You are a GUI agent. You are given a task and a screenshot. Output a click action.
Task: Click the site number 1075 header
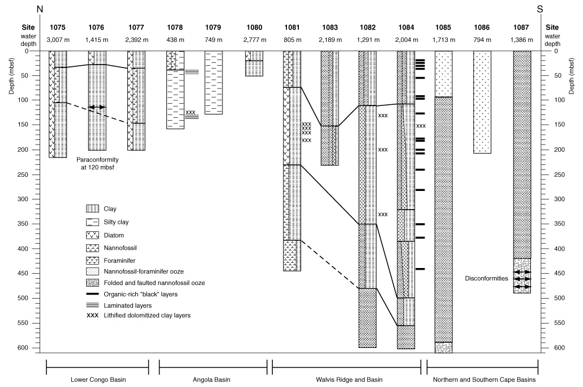click(x=58, y=27)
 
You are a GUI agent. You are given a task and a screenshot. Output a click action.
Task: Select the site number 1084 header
click(x=406, y=27)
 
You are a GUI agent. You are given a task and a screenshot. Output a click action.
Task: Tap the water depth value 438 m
click(x=175, y=40)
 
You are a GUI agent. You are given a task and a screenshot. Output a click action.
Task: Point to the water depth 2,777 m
click(x=255, y=40)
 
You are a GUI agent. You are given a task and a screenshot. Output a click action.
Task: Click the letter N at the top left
click(x=40, y=9)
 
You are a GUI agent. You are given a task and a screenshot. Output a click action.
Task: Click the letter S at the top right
click(x=540, y=9)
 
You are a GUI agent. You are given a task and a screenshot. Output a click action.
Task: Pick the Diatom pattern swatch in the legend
click(x=92, y=235)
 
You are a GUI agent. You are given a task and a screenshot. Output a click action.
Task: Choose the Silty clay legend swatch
click(x=92, y=222)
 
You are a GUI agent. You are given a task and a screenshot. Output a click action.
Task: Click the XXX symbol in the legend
click(x=92, y=315)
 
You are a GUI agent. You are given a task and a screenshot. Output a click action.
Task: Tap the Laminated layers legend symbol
click(x=92, y=305)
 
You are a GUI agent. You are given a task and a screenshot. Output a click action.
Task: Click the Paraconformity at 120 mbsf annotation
click(x=97, y=163)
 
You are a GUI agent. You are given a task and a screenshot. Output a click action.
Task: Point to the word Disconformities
click(x=486, y=278)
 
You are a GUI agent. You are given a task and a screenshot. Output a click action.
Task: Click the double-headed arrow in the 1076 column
click(x=97, y=107)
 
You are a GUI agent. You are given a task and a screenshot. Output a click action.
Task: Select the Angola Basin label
click(x=211, y=380)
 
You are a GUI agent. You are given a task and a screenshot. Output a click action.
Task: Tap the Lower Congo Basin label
click(x=98, y=380)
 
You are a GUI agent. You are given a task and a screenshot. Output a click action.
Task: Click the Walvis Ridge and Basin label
click(x=349, y=380)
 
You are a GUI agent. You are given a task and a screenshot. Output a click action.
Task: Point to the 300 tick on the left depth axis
click(x=23, y=199)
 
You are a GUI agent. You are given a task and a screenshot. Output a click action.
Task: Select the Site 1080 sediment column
click(x=254, y=63)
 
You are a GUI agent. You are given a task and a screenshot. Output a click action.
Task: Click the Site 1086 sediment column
click(x=482, y=102)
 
